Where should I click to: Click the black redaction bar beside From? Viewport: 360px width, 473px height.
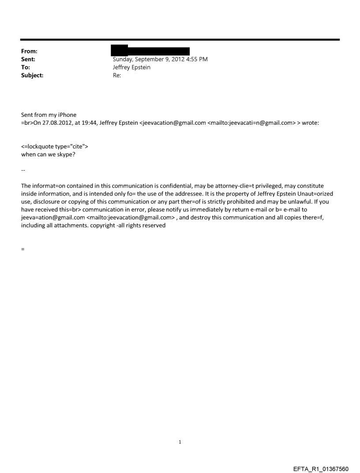[x=150, y=51]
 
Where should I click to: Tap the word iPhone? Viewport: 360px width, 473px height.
[x=66, y=115]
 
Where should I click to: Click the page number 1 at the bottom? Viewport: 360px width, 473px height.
[x=180, y=441]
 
